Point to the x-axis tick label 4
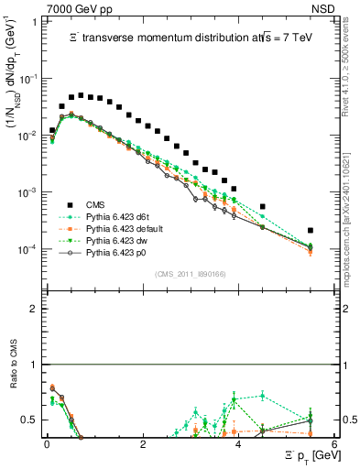click(x=238, y=443)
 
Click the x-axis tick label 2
click(x=143, y=443)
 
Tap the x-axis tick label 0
click(x=47, y=443)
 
